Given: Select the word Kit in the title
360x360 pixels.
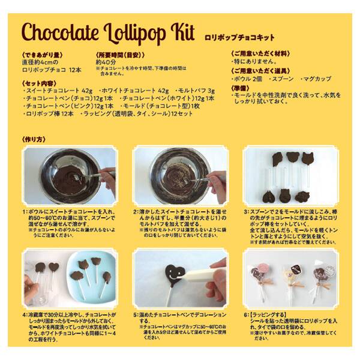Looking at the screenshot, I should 183,31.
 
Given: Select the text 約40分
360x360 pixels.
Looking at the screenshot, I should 104,61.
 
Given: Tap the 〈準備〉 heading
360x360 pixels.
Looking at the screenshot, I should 241,88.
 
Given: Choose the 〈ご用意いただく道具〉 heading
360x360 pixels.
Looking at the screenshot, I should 259,71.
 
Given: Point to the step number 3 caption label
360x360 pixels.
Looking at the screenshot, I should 246,212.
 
